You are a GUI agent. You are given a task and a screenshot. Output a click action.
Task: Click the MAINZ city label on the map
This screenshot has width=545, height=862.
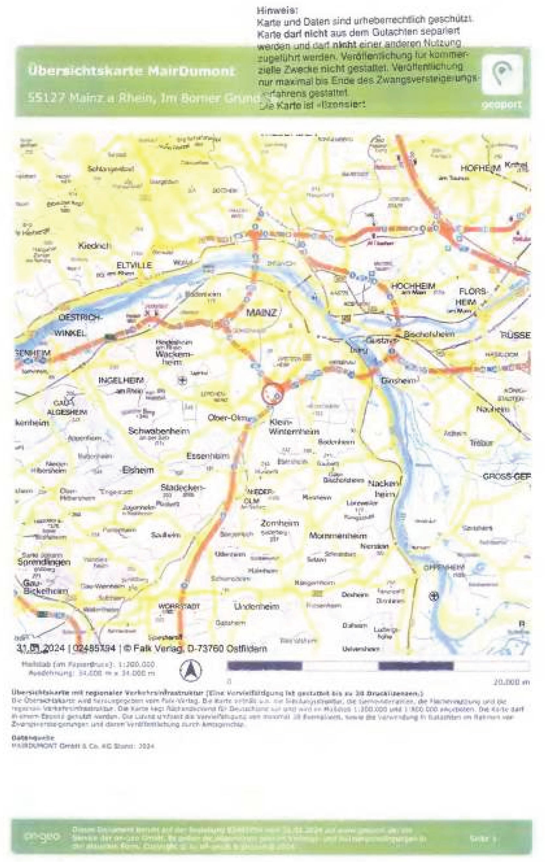[x=262, y=312]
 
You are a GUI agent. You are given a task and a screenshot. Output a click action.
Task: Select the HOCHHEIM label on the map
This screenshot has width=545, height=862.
[x=413, y=286]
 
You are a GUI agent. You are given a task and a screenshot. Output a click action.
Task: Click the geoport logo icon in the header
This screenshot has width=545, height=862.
[x=502, y=75]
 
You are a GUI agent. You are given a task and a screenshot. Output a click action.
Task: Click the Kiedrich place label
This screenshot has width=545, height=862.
[x=95, y=246]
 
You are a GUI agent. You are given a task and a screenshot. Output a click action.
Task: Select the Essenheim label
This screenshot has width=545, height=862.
[x=208, y=456]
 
